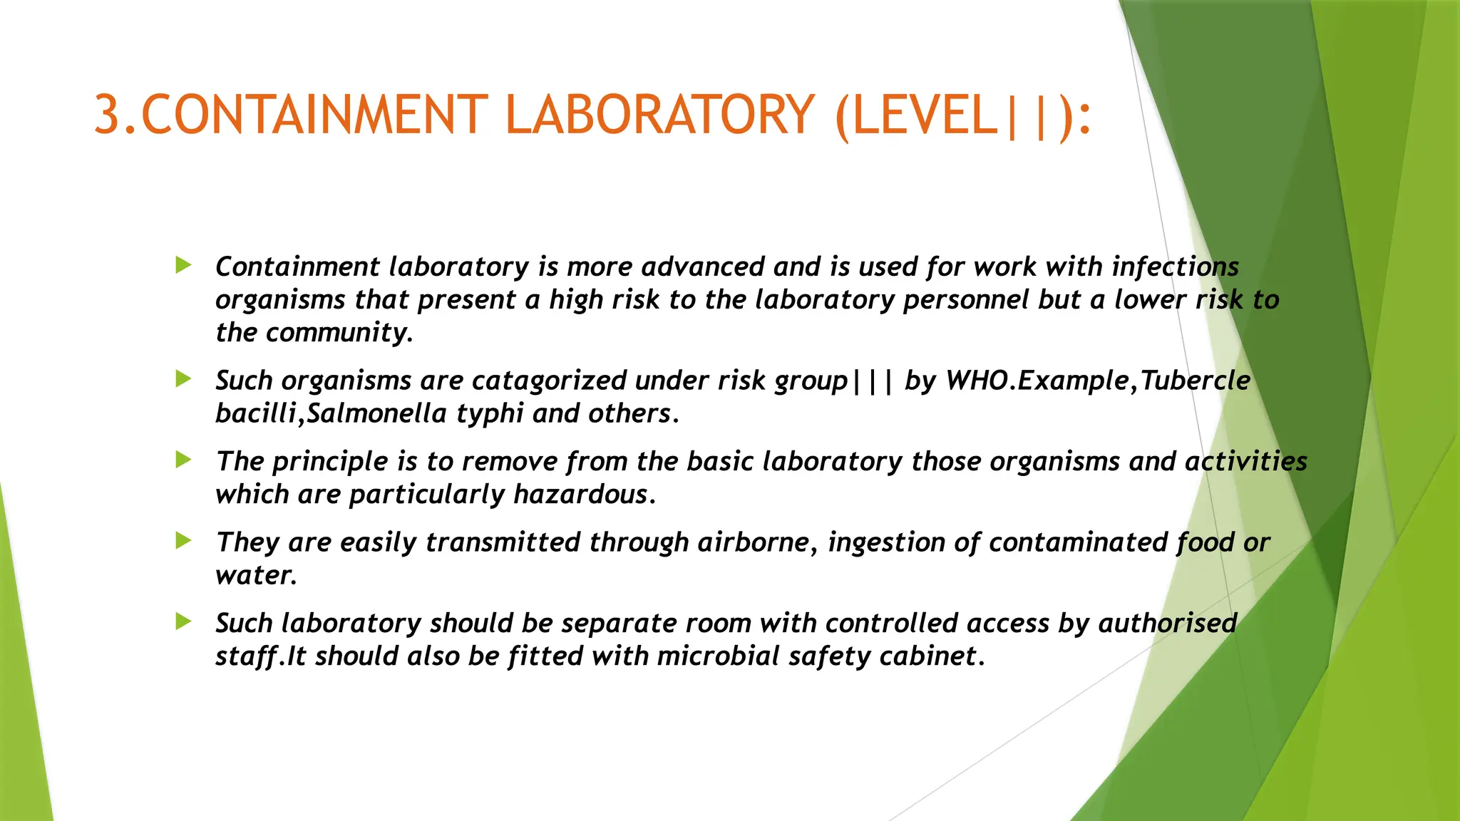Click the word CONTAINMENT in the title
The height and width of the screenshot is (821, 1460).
(314, 115)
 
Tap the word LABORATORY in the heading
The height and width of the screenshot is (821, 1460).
(659, 115)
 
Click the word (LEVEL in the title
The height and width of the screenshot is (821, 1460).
(916, 115)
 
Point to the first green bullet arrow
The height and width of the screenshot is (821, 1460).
(183, 266)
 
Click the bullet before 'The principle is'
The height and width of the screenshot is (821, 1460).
(183, 460)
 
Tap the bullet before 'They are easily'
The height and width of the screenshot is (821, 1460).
(183, 541)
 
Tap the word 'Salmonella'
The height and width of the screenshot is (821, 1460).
(376, 413)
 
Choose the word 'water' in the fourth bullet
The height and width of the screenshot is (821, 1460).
(253, 575)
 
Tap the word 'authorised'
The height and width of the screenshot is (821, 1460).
(1167, 624)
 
